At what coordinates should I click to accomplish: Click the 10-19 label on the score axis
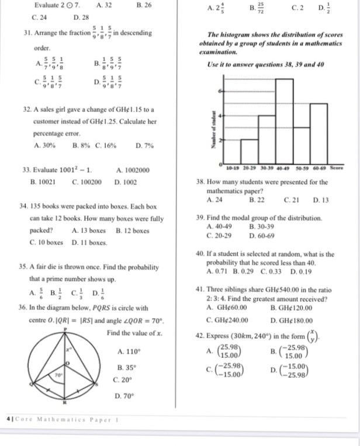click(231, 168)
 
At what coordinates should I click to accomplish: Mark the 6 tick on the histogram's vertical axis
click(220, 92)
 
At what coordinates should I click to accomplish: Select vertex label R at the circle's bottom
click(65, 403)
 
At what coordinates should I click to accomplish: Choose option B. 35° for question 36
click(126, 368)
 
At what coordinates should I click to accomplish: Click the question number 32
click(25, 109)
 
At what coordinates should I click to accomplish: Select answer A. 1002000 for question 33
click(133, 170)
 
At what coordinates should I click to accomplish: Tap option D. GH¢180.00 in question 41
click(292, 320)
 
